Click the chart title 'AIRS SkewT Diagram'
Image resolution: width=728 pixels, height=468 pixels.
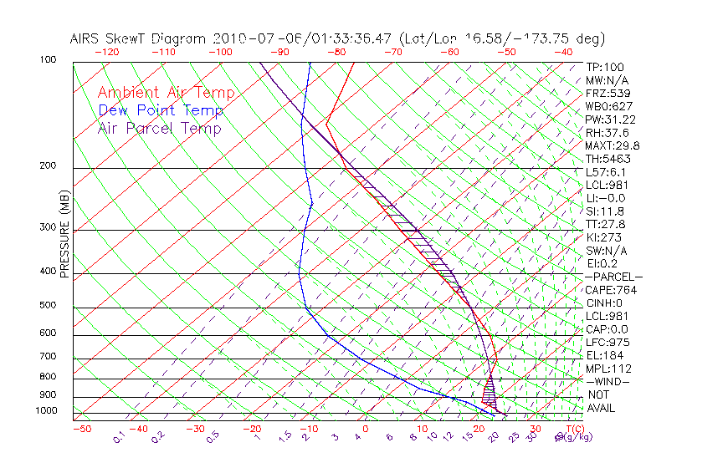coord(139,39)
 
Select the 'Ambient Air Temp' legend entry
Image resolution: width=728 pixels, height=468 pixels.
coord(166,93)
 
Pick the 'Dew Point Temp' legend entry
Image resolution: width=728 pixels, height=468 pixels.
coord(160,110)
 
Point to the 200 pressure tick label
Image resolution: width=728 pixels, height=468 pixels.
coord(47,165)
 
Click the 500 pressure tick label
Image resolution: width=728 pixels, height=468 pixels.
coord(47,305)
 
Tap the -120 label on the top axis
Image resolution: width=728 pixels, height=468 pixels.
coord(106,52)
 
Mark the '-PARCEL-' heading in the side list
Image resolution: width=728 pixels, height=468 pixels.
coord(614,277)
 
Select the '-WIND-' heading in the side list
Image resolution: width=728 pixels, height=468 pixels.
coord(608,381)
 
